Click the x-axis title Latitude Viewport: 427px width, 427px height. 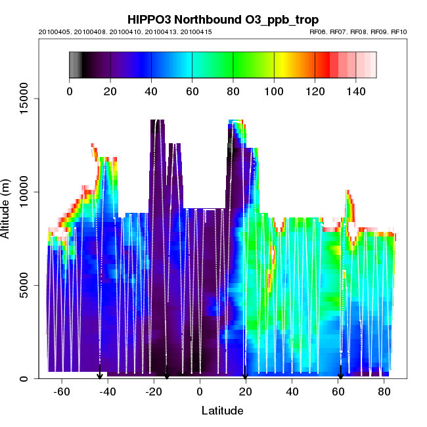[x=222, y=411]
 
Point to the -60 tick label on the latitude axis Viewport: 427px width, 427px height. [x=62, y=392]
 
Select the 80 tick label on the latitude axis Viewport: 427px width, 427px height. [x=384, y=392]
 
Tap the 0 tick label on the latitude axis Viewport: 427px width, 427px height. [x=200, y=392]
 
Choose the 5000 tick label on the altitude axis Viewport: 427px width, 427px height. [x=25, y=286]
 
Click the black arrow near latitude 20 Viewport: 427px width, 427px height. [x=245, y=374]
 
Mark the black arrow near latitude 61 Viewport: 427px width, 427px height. [x=340, y=374]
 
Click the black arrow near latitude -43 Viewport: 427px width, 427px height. [x=100, y=374]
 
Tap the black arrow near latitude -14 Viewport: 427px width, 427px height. [x=167, y=374]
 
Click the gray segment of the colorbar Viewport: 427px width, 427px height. [x=75, y=65]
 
